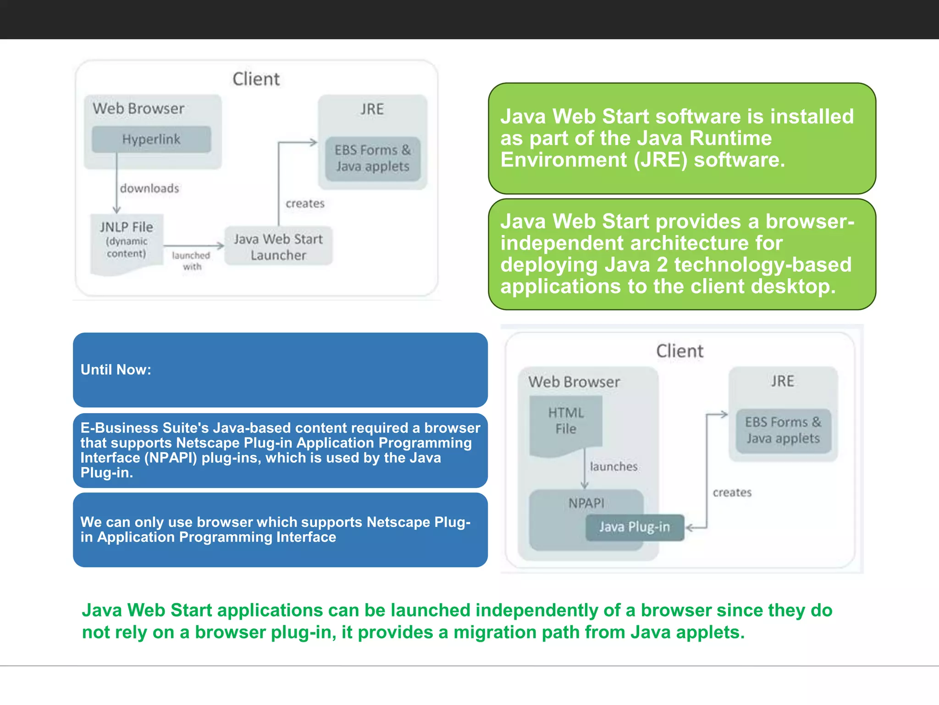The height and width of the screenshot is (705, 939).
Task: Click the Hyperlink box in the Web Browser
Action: pos(151,139)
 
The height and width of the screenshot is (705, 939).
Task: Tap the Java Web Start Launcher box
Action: pos(278,246)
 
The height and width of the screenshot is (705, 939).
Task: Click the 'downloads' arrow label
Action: pos(149,188)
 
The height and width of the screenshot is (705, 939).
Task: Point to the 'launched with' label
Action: pos(191,261)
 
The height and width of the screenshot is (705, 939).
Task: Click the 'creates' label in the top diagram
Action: pos(305,203)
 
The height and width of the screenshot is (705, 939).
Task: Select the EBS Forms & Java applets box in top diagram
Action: pos(372,158)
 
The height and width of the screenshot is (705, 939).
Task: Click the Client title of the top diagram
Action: pos(256,79)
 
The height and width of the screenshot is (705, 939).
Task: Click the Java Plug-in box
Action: pos(635,527)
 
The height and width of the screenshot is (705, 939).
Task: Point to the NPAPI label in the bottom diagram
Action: pos(586,503)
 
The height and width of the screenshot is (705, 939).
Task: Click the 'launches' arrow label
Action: pos(613,466)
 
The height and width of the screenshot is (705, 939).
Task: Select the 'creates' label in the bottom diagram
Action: pos(732,492)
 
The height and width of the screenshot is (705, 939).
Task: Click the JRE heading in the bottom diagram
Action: pos(782,381)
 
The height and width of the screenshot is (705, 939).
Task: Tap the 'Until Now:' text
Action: pos(116,369)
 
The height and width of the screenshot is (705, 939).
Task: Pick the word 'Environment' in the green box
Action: pos(563,160)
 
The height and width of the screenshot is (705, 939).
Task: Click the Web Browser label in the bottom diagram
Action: pos(574,382)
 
